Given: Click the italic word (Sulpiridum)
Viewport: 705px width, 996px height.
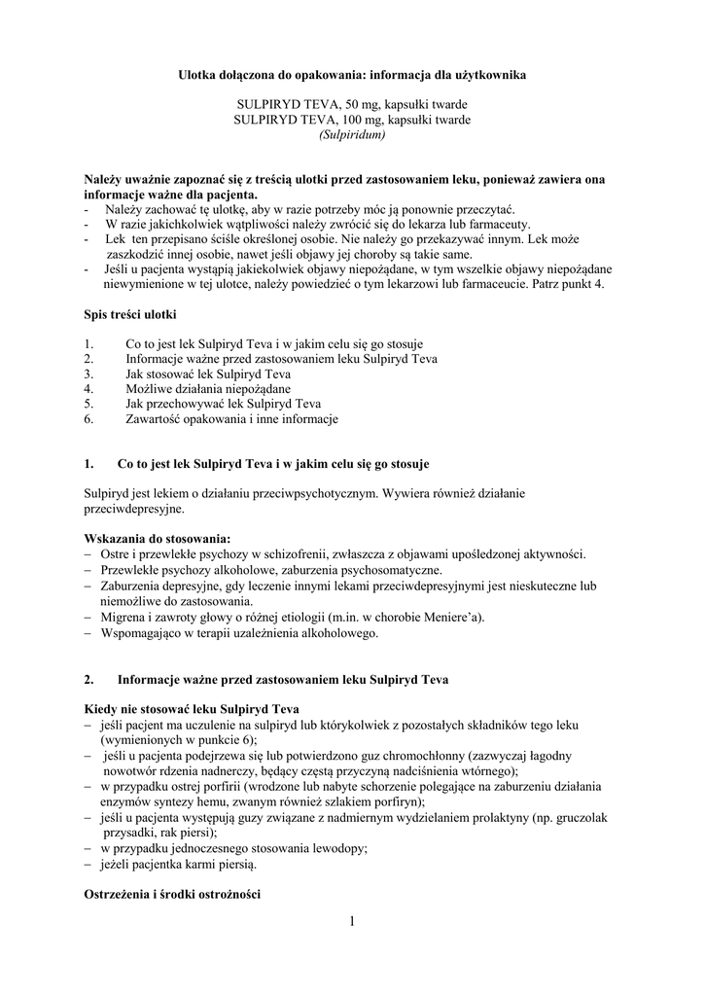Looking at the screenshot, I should (x=352, y=134).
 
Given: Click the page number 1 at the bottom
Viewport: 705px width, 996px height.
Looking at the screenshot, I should (x=352, y=920).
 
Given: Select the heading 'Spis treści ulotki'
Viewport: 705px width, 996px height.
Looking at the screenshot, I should (x=130, y=313).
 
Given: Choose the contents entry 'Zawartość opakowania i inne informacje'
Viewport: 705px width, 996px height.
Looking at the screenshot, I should (x=231, y=419).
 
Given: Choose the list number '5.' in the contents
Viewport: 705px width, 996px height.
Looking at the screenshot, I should (x=89, y=404).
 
